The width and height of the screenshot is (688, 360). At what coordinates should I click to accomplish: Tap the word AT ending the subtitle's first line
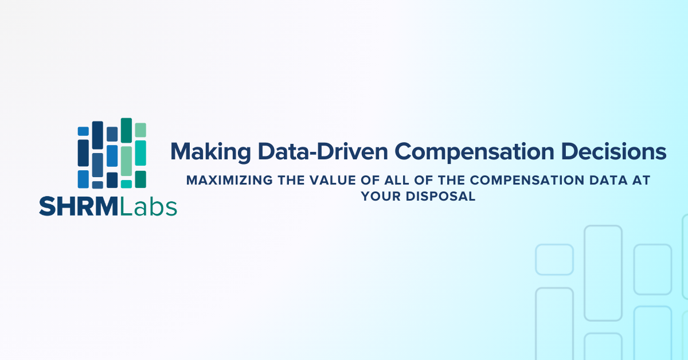click(643, 181)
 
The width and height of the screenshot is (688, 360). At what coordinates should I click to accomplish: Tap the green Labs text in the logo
click(148, 206)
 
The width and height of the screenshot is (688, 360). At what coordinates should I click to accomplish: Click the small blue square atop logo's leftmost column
click(83, 131)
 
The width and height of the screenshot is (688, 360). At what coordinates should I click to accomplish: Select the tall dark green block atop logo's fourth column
click(126, 130)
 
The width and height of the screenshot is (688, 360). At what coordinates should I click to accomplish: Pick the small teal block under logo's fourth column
click(126, 184)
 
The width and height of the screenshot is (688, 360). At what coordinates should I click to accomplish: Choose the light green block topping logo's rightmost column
click(140, 130)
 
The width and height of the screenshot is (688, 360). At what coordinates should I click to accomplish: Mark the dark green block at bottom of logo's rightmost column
click(140, 179)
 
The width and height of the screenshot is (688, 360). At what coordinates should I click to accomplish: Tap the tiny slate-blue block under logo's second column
click(97, 185)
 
